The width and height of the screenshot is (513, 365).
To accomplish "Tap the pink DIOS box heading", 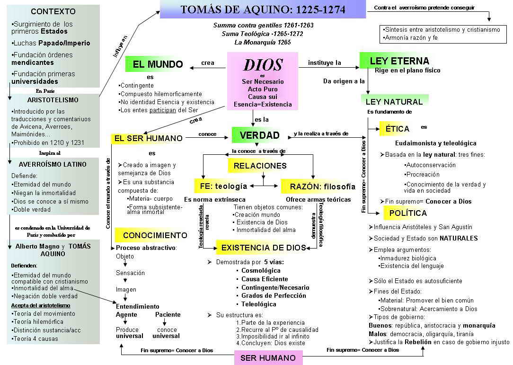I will coord(263,65).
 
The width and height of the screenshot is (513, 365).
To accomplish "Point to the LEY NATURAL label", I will coord(394,101).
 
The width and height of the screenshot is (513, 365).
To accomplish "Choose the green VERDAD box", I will coord(259,135).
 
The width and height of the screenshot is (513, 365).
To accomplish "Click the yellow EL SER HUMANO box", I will coord(148,138).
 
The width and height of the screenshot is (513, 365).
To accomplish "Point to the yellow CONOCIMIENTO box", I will coord(155,235).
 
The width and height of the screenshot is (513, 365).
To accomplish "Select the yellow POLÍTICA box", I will coord(407,213).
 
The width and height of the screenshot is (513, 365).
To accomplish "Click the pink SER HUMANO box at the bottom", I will coord(268,358).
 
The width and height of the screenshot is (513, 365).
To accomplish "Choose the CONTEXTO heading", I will coord(53,11).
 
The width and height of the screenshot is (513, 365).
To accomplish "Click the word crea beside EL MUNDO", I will coord(207,63).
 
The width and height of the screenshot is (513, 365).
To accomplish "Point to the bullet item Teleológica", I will coord(258,304).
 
